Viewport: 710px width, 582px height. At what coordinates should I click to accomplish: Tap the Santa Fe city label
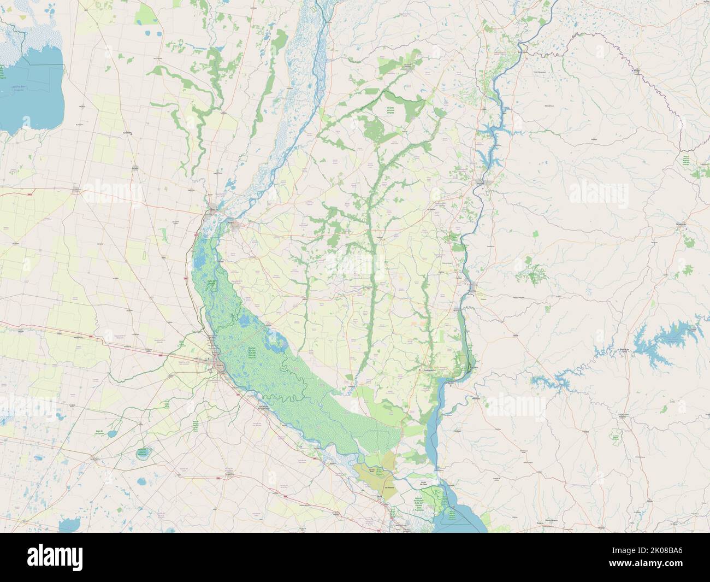(x=214, y=209)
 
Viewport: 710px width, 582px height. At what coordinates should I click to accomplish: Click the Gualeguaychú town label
(x=430, y=370)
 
